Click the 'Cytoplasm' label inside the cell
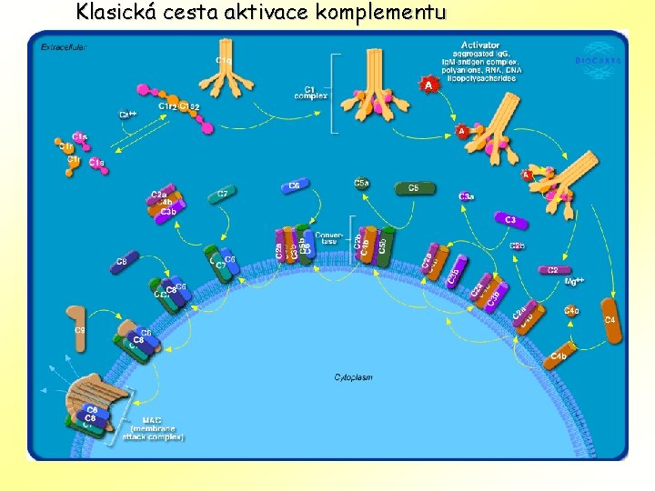point(353,376)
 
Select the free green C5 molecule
point(415,189)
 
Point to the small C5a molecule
point(361,185)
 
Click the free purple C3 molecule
point(509,220)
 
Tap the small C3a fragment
point(466,196)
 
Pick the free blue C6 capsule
point(294,185)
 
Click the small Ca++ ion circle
point(134,113)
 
